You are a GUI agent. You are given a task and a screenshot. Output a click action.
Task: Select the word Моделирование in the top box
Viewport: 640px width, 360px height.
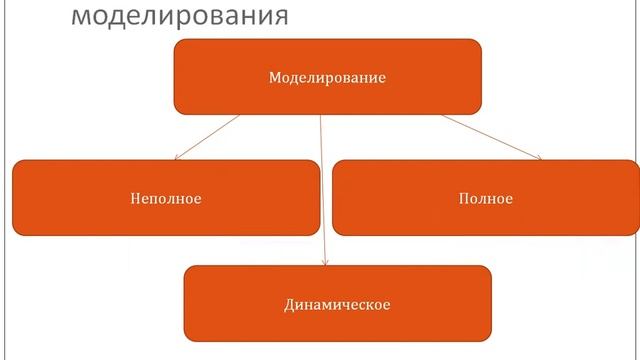coord(327,77)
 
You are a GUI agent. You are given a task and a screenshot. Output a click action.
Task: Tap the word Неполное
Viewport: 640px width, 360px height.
coord(166,198)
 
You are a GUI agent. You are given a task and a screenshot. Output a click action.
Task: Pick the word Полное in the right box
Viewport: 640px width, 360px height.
coord(486,198)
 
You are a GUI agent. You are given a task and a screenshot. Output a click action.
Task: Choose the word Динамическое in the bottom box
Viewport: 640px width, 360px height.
coord(336,303)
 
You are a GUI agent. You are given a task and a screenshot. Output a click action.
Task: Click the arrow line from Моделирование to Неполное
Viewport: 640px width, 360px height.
coord(208,137)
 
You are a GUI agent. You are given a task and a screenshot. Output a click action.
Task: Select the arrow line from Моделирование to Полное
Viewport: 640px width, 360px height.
coord(490,136)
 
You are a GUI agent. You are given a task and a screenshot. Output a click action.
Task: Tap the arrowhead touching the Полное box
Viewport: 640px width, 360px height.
coord(538,157)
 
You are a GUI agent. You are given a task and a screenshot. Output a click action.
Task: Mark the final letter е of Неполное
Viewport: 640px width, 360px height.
coord(198,199)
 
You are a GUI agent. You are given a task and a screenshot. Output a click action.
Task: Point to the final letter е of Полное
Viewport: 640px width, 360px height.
coord(509,199)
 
